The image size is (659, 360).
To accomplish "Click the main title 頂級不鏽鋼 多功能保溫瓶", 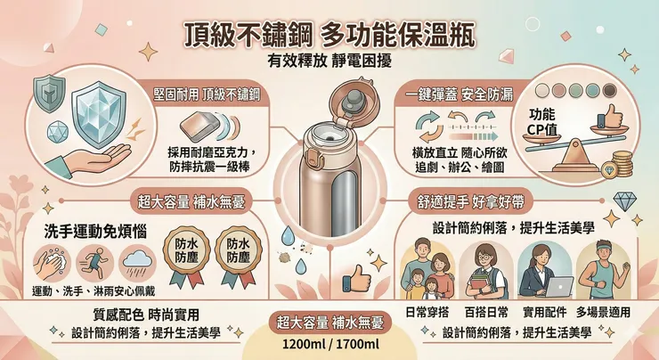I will coord(329,36).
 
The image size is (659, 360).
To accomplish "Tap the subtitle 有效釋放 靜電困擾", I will coord(329,62).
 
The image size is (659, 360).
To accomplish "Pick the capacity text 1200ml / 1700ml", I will coord(330,344).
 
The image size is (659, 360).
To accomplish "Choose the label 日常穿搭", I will coord(427,313).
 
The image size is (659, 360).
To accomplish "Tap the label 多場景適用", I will coord(603,313).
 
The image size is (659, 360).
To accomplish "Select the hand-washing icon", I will coord(49,264).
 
